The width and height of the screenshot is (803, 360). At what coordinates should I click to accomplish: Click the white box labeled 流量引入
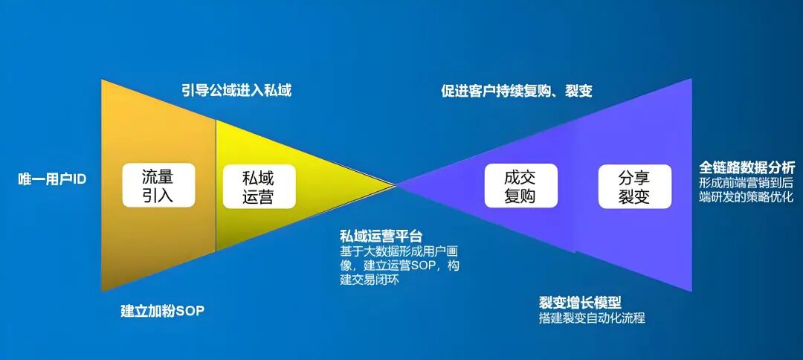pos(158,185)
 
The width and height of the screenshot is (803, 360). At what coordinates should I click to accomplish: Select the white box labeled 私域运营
pos(258,187)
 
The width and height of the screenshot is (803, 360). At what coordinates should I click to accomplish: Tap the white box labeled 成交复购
pos(520,186)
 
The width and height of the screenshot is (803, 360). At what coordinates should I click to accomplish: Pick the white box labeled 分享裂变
pos(634,187)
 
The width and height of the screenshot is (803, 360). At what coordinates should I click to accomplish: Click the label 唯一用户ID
pos(52,179)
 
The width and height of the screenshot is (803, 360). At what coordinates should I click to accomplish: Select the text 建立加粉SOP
pos(162,310)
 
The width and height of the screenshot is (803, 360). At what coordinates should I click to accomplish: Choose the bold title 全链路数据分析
pos(746,167)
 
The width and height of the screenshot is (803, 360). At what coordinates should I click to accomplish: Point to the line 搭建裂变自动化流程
pos(592,318)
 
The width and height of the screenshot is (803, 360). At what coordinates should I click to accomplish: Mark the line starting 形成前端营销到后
pos(746,182)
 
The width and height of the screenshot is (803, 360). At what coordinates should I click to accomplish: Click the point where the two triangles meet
pos(396,184)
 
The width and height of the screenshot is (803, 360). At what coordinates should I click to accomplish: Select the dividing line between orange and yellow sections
pos(216,185)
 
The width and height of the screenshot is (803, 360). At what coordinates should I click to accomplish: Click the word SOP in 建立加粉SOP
pos(190,310)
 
